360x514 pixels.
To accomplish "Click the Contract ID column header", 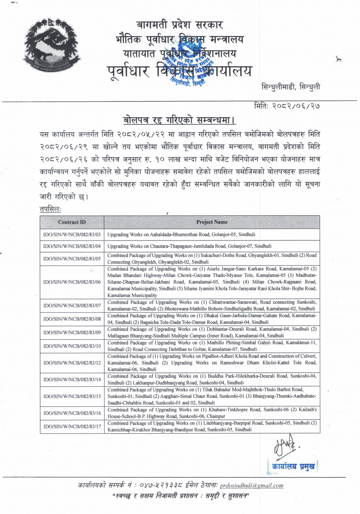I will coord(72,222).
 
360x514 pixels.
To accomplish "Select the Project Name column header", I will coord(212,222).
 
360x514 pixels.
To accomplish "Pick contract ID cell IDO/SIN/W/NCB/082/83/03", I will coord(72,234).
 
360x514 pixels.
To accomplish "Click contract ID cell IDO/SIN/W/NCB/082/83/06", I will coord(72,282).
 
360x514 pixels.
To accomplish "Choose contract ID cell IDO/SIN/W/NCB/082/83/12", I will coord(72,363).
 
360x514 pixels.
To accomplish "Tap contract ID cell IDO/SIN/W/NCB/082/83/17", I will coord(72,426).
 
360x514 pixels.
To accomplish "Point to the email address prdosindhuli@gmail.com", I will coord(252,485).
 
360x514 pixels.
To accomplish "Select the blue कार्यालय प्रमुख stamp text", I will coord(294,466).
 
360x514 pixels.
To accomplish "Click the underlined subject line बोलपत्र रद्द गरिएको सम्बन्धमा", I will coord(179,120).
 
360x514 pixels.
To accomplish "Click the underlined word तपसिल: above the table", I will coord(50,209).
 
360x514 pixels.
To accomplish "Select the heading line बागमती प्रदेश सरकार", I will coord(180,26).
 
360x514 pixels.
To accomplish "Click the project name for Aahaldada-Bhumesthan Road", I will coord(181,234).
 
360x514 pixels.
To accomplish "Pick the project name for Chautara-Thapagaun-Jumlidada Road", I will coord(184,246).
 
